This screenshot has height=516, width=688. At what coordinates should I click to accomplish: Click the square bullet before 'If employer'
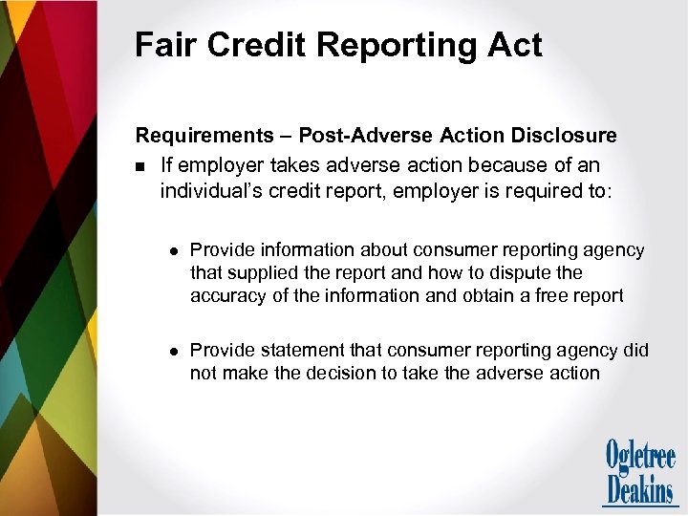coord(140,166)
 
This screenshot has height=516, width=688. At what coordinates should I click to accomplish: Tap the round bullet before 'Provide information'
coord(171,251)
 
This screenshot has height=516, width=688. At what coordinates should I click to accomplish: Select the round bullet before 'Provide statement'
coord(171,352)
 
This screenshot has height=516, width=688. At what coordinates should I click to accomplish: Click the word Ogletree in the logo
coord(640,455)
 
